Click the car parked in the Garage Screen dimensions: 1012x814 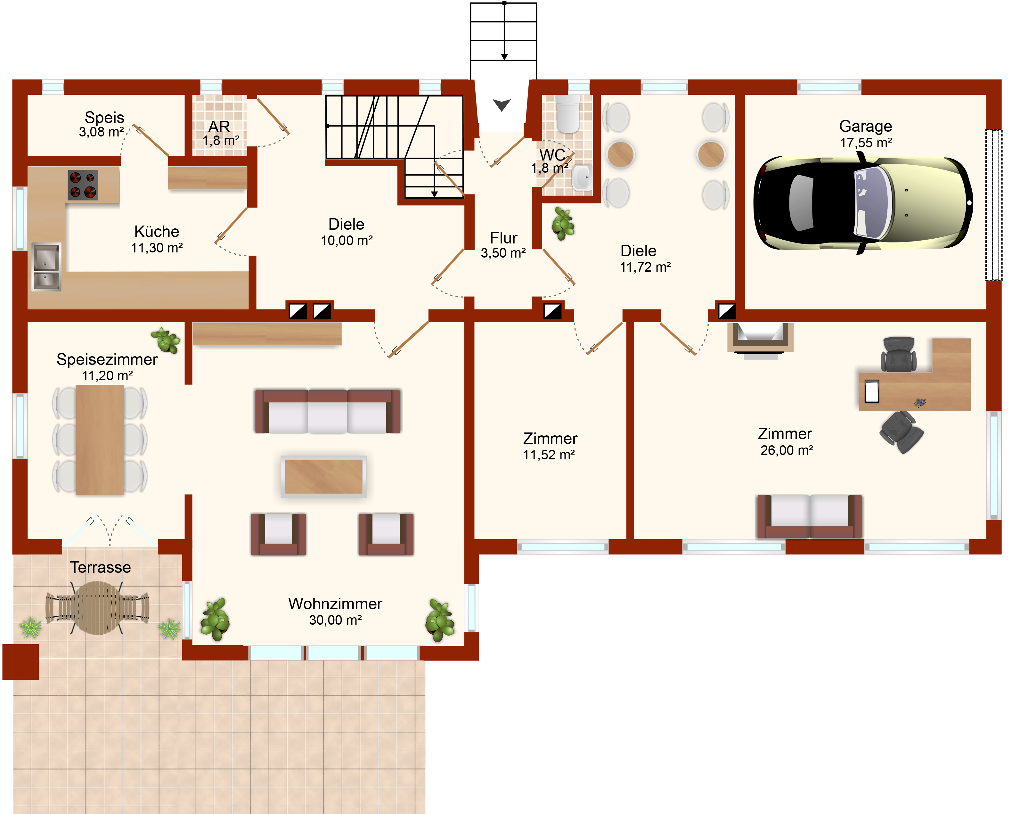click(x=863, y=203)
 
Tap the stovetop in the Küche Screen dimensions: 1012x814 click(x=83, y=185)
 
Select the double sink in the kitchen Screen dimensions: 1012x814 click(x=46, y=267)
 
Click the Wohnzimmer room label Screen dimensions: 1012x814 click(x=335, y=604)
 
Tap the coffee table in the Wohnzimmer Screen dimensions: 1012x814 click(x=323, y=476)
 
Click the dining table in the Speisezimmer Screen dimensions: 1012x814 click(x=100, y=440)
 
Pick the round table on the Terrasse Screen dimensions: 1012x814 click(x=98, y=608)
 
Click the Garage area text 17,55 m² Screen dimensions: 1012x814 click(x=866, y=143)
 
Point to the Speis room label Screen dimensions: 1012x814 click(x=104, y=117)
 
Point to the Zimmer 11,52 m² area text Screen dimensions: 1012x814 click(x=549, y=455)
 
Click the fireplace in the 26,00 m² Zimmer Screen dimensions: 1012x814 click(x=760, y=340)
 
